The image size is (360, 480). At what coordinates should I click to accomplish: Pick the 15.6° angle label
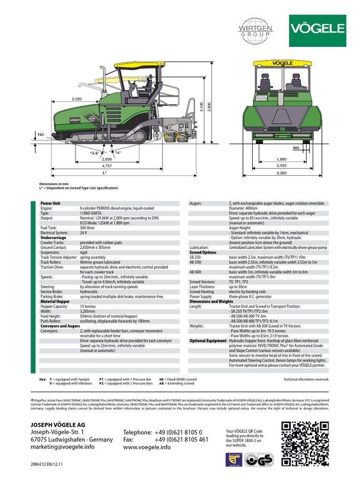tap(94, 153)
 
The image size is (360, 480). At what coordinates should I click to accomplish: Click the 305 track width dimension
tap(309, 148)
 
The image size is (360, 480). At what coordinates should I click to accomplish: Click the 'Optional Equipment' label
tap(207, 341)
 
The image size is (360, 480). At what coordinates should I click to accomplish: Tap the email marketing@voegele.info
tap(62, 447)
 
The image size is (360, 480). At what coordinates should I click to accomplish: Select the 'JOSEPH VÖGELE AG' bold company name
tap(57, 425)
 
